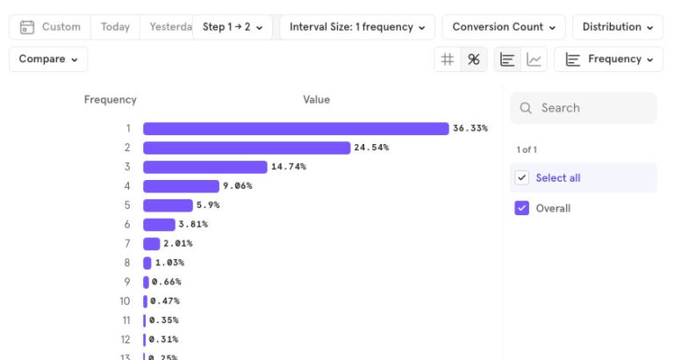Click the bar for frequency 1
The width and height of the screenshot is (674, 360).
[296, 128]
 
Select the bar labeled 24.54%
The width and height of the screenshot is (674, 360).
[247, 148]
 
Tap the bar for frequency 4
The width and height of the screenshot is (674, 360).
[181, 186]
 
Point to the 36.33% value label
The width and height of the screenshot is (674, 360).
[470, 128]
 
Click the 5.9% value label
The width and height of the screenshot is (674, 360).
[208, 205]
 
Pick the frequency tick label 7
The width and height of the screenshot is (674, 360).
[126, 243]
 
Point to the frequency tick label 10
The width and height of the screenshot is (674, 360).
[125, 301]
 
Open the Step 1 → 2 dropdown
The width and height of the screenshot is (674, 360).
[233, 27]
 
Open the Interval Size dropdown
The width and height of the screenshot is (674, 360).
[356, 27]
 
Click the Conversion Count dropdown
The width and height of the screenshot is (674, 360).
[504, 27]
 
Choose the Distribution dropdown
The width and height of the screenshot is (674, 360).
[618, 27]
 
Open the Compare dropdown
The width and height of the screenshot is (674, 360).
[48, 59]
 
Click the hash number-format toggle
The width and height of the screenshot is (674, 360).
[448, 59]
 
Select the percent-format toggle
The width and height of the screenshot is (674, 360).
[474, 59]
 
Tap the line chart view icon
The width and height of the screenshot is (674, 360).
[534, 59]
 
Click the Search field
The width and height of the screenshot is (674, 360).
[583, 108]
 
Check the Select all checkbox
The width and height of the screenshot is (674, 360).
[522, 177]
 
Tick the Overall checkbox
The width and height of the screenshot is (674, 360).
[522, 208]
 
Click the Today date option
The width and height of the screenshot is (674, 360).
[115, 27]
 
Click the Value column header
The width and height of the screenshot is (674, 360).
[316, 99]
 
